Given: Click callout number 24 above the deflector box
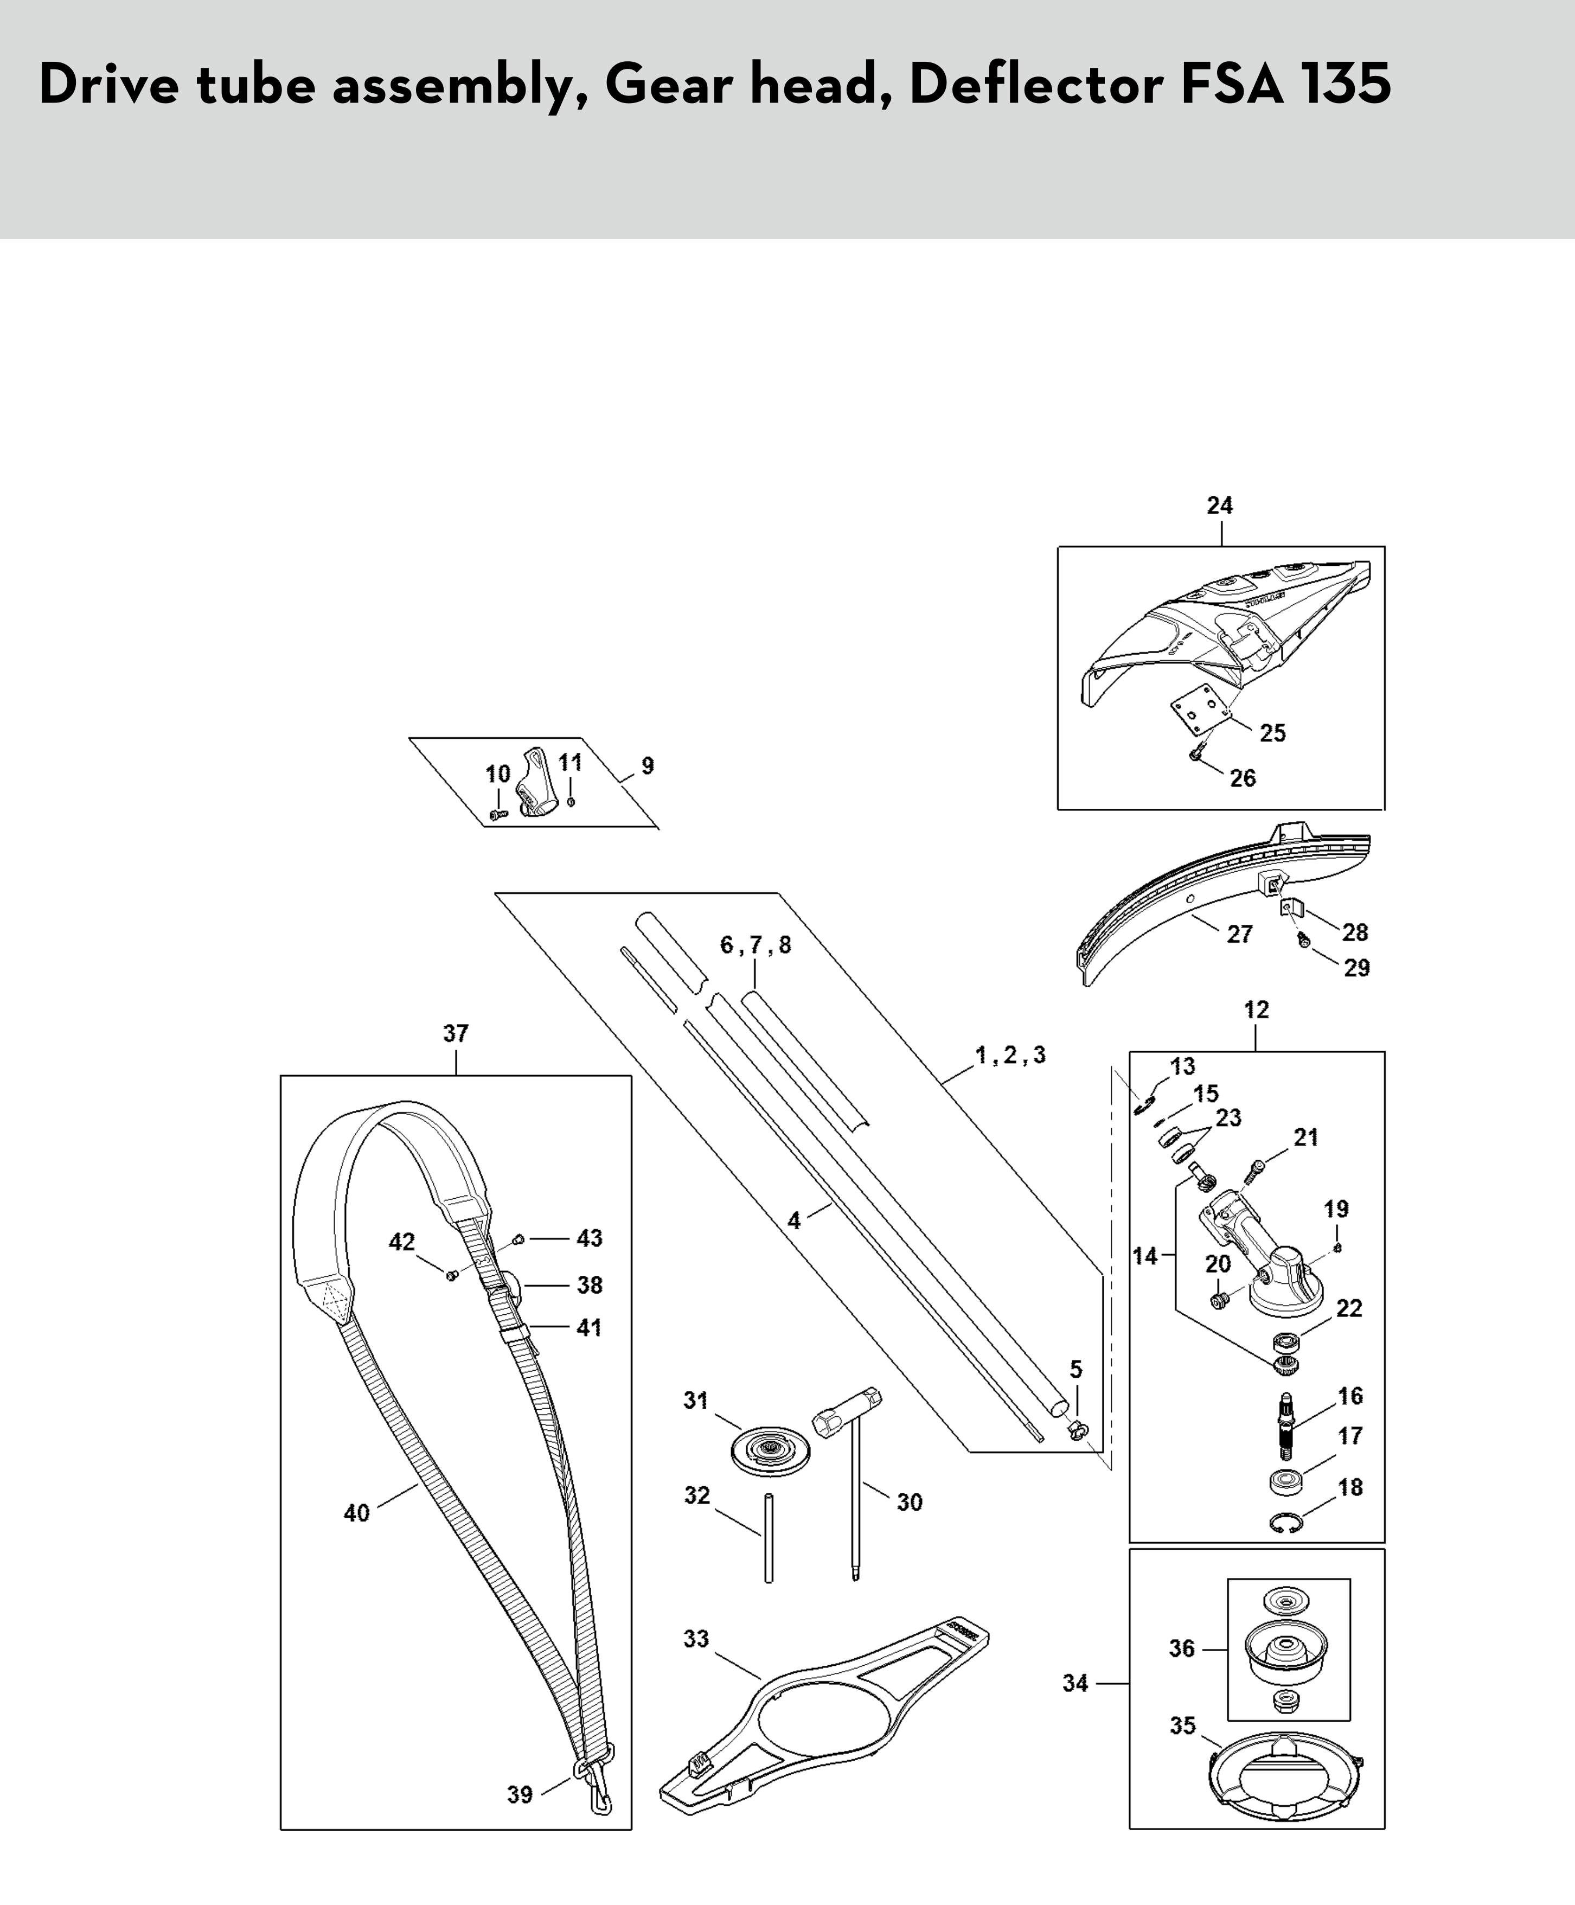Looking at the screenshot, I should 1219,506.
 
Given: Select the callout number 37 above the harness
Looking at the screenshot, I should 456,1033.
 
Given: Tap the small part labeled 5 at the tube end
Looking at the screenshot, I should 1078,1430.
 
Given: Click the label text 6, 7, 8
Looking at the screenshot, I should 756,945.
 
